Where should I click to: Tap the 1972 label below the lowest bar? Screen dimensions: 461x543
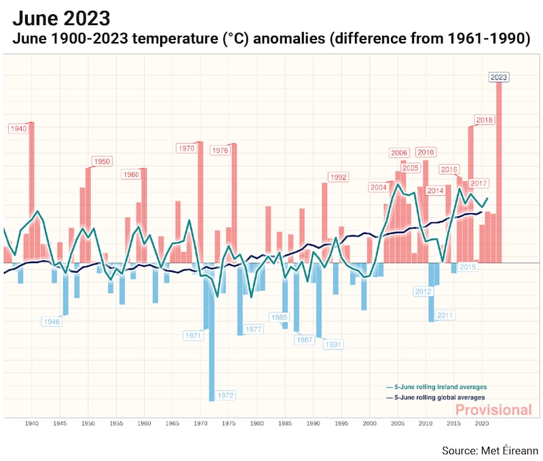point(225,395)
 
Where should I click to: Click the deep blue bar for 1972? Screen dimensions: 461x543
point(212,332)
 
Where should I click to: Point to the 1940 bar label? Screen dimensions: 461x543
point(18,128)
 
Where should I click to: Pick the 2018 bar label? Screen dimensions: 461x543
point(484,120)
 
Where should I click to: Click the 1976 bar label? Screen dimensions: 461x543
point(219,150)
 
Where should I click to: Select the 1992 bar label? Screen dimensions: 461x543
point(338,177)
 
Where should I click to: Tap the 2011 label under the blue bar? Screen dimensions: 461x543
point(445,315)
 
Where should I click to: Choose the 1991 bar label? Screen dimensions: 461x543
point(333,344)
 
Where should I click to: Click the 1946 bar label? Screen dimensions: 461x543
point(52,321)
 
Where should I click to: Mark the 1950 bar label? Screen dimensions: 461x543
point(102,161)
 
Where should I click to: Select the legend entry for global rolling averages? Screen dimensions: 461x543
point(441,397)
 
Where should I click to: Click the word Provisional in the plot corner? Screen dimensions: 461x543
point(493,409)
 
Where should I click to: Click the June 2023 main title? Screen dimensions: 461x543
point(61,17)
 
